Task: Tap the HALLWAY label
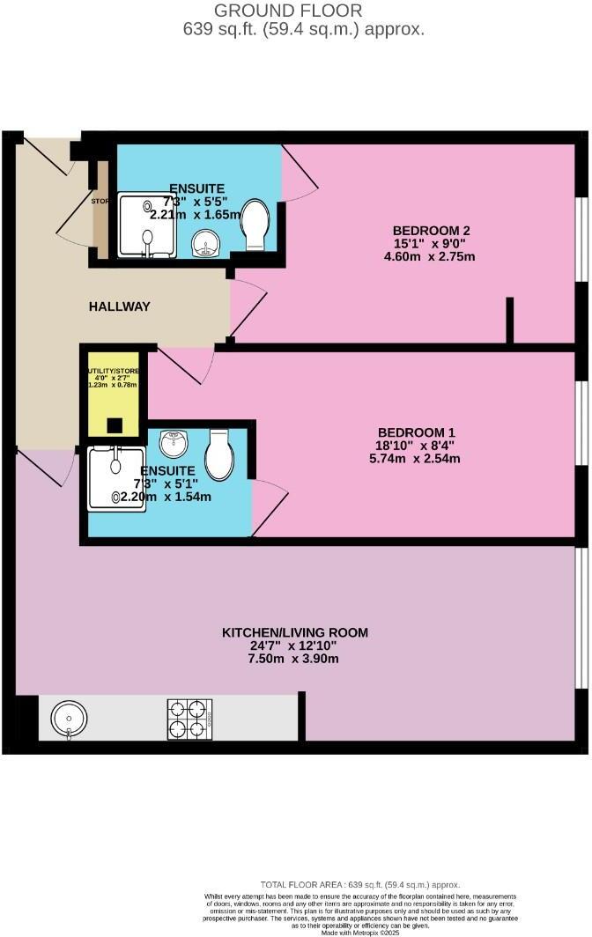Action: pyautogui.click(x=119, y=306)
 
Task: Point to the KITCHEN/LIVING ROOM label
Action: pyautogui.click(x=294, y=632)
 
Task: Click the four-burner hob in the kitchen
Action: pyautogui.click(x=189, y=719)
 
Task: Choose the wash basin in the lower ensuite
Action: pyautogui.click(x=174, y=444)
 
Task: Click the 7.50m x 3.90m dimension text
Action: pyautogui.click(x=294, y=659)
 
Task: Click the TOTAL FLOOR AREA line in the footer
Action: pyautogui.click(x=359, y=884)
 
